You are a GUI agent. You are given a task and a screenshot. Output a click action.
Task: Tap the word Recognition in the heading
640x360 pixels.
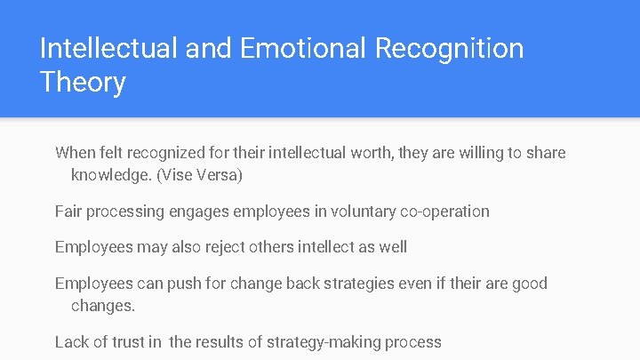[x=450, y=48]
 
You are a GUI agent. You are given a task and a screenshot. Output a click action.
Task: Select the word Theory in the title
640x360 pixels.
[x=83, y=83]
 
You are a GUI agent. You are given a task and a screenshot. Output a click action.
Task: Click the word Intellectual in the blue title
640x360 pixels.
[x=108, y=48]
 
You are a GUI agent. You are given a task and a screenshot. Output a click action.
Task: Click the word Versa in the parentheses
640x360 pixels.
[x=217, y=175]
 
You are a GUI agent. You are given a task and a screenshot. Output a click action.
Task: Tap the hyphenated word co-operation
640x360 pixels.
[x=444, y=212]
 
